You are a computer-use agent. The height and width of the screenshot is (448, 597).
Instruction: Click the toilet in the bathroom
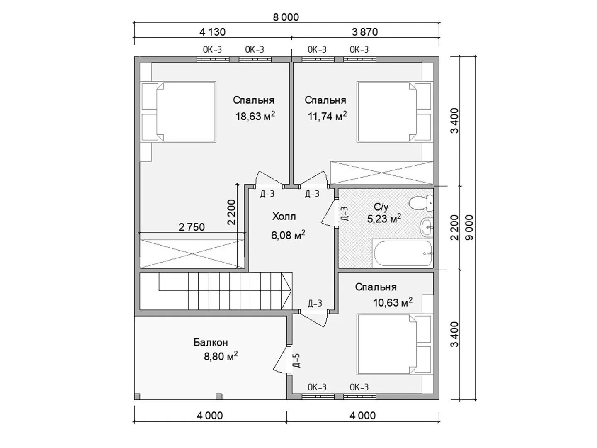point(421,203)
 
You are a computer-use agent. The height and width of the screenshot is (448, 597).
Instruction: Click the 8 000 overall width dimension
point(286,17)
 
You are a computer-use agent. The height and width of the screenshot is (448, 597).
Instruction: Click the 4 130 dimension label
point(212,32)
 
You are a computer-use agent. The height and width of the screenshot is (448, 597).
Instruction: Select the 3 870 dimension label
point(365,32)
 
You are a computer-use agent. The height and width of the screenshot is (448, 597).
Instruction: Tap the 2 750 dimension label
point(192,227)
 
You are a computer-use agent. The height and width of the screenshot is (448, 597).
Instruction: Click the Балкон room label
point(211,343)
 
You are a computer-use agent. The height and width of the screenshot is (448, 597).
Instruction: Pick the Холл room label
point(284,217)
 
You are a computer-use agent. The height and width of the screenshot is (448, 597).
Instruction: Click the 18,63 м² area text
point(255,116)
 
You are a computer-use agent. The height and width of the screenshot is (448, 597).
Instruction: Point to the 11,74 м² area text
point(327,116)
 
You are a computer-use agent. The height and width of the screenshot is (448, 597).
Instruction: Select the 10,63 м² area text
point(393,302)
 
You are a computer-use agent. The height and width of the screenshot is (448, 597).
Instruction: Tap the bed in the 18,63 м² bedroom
point(178,112)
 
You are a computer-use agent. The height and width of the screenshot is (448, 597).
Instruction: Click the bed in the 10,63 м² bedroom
point(395,345)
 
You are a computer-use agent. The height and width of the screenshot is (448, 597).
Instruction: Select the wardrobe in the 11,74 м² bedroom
point(381,173)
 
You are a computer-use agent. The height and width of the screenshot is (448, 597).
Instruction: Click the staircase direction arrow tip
point(291,291)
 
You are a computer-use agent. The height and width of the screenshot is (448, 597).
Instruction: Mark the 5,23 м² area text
point(384,218)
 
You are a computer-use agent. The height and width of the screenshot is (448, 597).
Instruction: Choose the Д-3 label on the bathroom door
point(344,214)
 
